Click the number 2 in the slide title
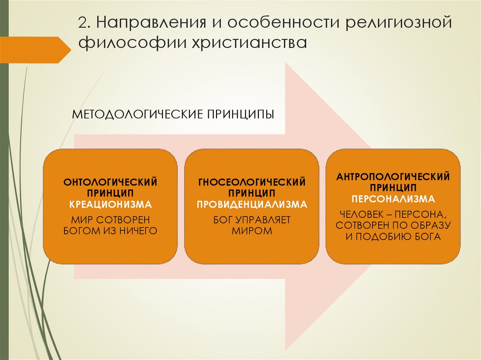pos(83,23)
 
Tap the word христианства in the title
pos(248,44)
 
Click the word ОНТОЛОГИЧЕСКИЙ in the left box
pos(110,182)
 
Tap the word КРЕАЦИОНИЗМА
pos(110,205)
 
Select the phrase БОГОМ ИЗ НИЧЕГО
pos(110,230)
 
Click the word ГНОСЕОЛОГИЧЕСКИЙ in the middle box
pos(252,182)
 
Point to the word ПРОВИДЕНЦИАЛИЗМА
pos(252,205)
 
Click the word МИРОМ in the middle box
pos(252,231)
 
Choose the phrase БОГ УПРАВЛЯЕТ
pos(252,219)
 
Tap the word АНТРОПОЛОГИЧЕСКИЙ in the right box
pos(393,176)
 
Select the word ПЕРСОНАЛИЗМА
pos(393,199)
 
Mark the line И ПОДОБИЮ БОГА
pos(393,237)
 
